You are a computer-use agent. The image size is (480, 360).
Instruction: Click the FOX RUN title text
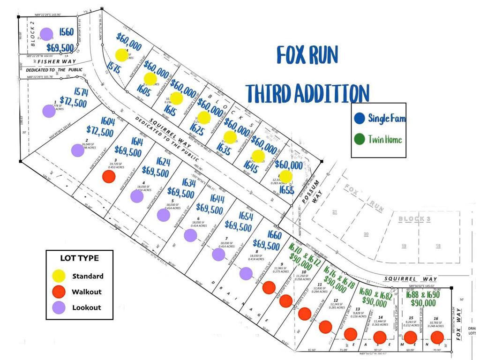307,56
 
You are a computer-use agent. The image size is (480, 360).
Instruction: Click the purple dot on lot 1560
46,34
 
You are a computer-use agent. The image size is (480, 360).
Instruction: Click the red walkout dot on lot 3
109,177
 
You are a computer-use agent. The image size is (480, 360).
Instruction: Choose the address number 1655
286,189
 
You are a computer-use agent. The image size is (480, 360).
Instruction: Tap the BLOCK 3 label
414,219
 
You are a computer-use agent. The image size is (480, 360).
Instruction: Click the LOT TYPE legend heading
79,258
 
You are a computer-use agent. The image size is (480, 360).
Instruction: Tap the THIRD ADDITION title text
307,93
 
